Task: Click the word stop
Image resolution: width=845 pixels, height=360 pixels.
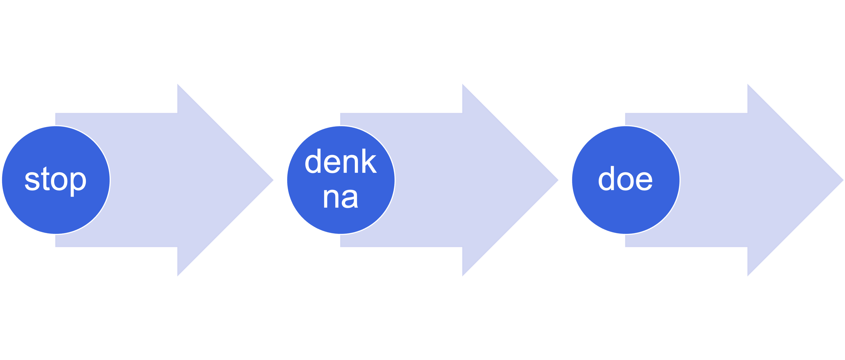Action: click(55, 180)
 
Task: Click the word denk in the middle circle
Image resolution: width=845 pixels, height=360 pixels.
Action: click(340, 161)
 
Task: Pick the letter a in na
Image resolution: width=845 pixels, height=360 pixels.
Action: click(350, 199)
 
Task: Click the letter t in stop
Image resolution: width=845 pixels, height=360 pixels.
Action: click(45, 179)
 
